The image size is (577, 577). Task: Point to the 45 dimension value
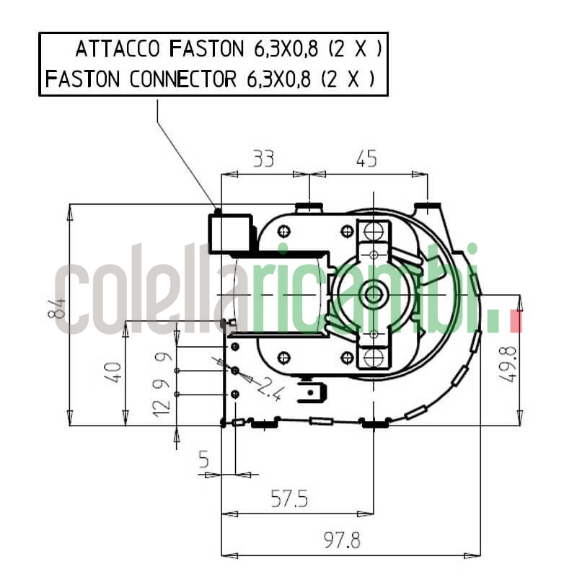click(366, 159)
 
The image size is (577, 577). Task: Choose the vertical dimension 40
click(113, 371)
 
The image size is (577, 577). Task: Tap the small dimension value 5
click(204, 459)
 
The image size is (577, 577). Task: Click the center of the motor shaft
click(374, 294)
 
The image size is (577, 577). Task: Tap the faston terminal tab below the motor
click(316, 395)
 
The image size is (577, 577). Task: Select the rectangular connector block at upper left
click(231, 233)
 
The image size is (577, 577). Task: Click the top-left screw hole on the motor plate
click(283, 231)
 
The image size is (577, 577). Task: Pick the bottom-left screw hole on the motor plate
click(283, 356)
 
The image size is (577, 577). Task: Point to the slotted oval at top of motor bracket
click(374, 231)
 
